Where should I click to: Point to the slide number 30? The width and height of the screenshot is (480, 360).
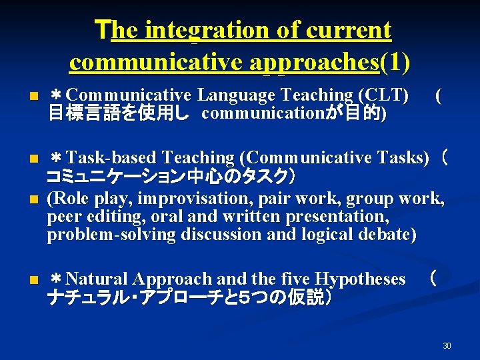[x=447, y=345]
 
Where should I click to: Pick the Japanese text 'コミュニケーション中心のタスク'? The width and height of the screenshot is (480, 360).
[x=167, y=177]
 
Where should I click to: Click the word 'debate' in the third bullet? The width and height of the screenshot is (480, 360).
[x=387, y=235]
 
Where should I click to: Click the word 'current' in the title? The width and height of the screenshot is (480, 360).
[x=350, y=31]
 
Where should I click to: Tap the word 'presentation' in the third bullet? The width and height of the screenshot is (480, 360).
[x=343, y=217]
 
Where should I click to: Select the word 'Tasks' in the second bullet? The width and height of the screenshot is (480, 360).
[x=406, y=158]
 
